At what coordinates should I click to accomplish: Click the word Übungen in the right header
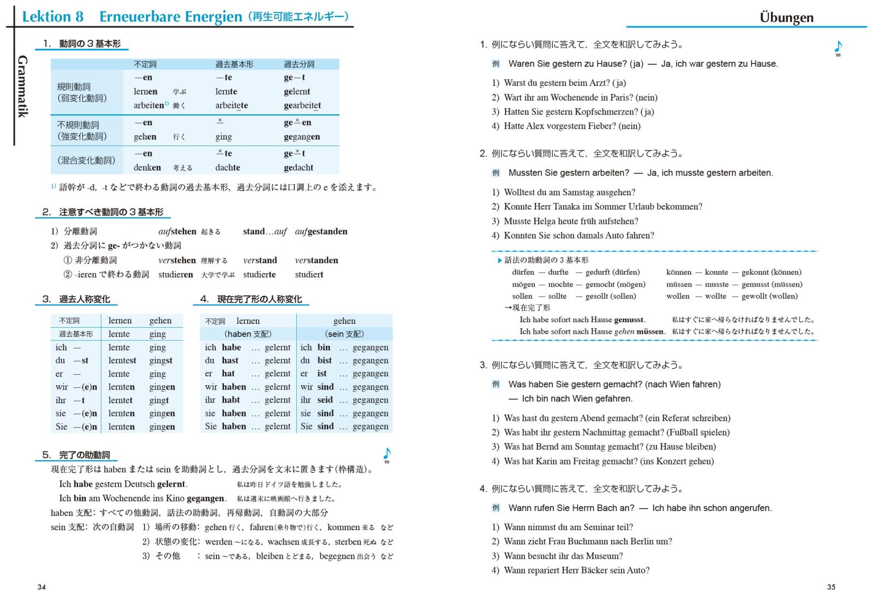click(786, 17)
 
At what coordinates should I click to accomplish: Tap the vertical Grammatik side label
click(22, 86)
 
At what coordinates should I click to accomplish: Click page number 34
click(42, 587)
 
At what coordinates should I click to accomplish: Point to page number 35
click(831, 587)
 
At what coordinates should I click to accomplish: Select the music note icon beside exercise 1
click(838, 47)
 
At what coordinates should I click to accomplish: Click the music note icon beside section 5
click(387, 454)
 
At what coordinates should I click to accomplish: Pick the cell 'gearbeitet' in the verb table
click(302, 106)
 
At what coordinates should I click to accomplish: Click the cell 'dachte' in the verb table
click(228, 167)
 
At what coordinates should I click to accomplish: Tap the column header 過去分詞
click(299, 64)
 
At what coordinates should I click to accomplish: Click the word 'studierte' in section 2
click(260, 275)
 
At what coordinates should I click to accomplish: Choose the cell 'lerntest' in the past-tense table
click(122, 361)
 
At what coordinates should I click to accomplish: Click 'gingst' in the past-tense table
click(161, 361)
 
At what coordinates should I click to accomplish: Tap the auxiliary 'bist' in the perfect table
click(325, 361)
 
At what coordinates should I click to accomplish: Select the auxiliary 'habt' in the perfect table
click(230, 400)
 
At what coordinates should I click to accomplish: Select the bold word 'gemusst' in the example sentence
click(629, 319)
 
